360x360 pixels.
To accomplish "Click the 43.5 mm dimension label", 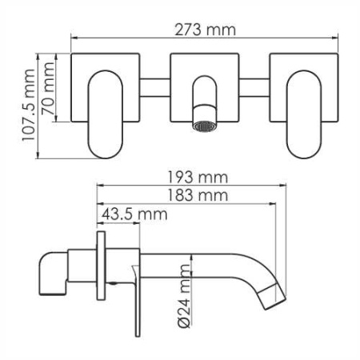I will (x=134, y=214).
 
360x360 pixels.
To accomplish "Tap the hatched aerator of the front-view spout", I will (x=205, y=126).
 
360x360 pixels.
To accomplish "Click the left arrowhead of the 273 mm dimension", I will (x=74, y=37).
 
